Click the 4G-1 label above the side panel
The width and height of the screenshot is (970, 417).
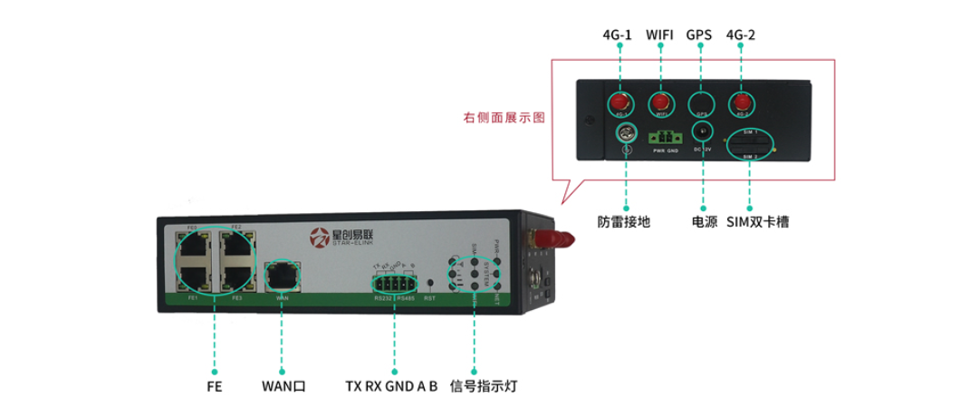pos(619,35)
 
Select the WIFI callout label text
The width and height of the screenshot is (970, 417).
pos(660,35)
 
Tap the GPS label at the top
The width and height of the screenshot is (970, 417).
pos(698,35)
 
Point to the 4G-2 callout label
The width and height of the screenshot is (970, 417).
pos(740,35)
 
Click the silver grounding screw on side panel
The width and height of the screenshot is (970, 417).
pos(624,135)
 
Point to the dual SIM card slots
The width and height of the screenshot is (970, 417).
pos(750,144)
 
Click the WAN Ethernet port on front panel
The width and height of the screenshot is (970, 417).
pos(281,273)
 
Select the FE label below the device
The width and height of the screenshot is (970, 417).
pos(214,386)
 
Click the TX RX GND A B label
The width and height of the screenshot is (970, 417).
pos(391,386)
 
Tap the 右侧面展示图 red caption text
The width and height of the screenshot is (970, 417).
pos(504,118)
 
